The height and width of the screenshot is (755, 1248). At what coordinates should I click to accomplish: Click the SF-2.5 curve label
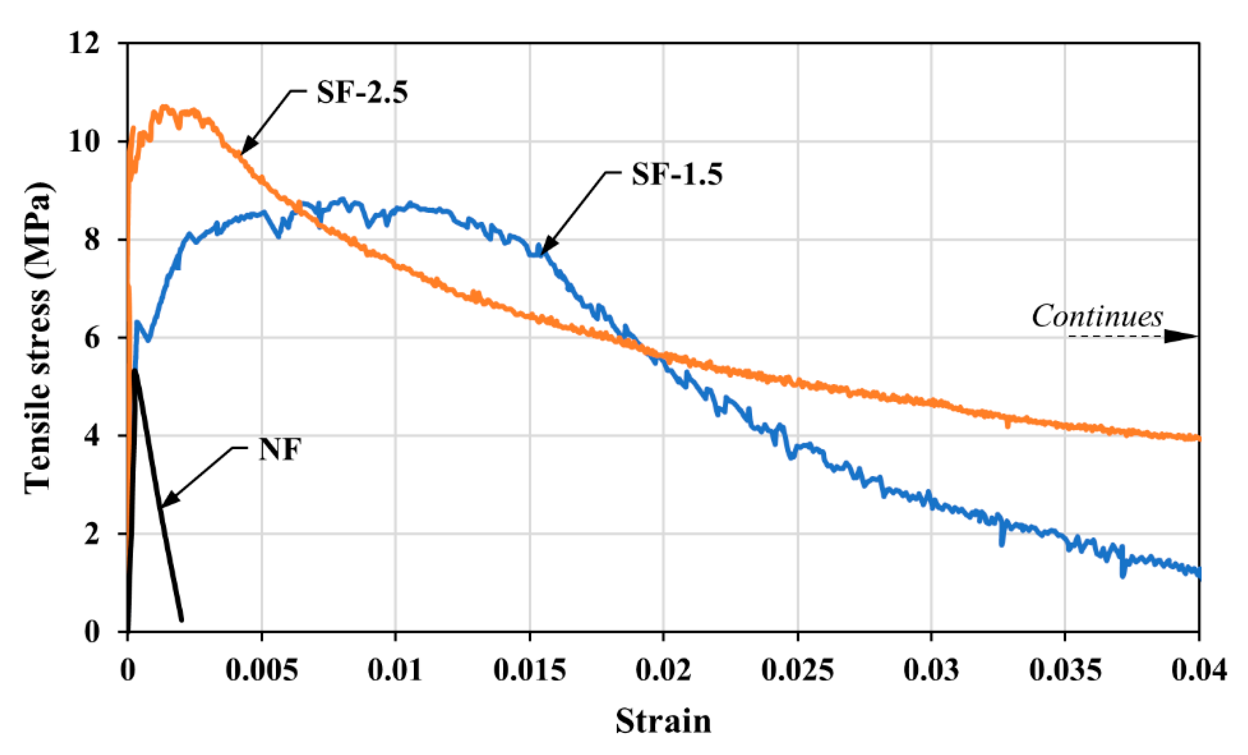[362, 93]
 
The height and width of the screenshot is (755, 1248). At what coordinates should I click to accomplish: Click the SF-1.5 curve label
[677, 175]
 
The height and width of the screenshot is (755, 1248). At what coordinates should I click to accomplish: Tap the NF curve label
[280, 449]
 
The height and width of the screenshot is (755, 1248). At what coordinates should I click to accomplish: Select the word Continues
[1097, 317]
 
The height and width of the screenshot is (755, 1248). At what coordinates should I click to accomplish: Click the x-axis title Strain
[663, 722]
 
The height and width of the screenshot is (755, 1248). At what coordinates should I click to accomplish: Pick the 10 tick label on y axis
[84, 141]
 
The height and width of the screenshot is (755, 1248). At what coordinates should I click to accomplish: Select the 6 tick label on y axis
[92, 338]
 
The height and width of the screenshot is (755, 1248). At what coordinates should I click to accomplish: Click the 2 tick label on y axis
[92, 534]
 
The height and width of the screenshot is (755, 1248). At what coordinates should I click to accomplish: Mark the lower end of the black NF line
[181, 619]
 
